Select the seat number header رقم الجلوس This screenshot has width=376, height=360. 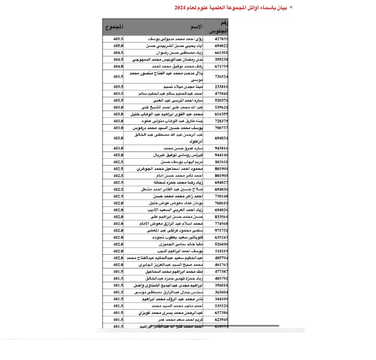pos(221,26)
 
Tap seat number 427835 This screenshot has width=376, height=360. pos(221,38)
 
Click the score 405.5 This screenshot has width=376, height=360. pos(118,38)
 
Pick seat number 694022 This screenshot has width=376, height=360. pos(221,45)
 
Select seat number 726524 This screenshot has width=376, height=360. pos(221,76)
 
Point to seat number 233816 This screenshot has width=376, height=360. pos(221,86)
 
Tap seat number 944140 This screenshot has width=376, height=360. pos(221,155)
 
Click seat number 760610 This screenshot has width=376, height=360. pos(221,203)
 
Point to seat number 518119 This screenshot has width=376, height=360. pos(221,251)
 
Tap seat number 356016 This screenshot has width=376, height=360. pos(221,285)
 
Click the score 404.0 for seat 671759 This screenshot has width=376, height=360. pos(118,66)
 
